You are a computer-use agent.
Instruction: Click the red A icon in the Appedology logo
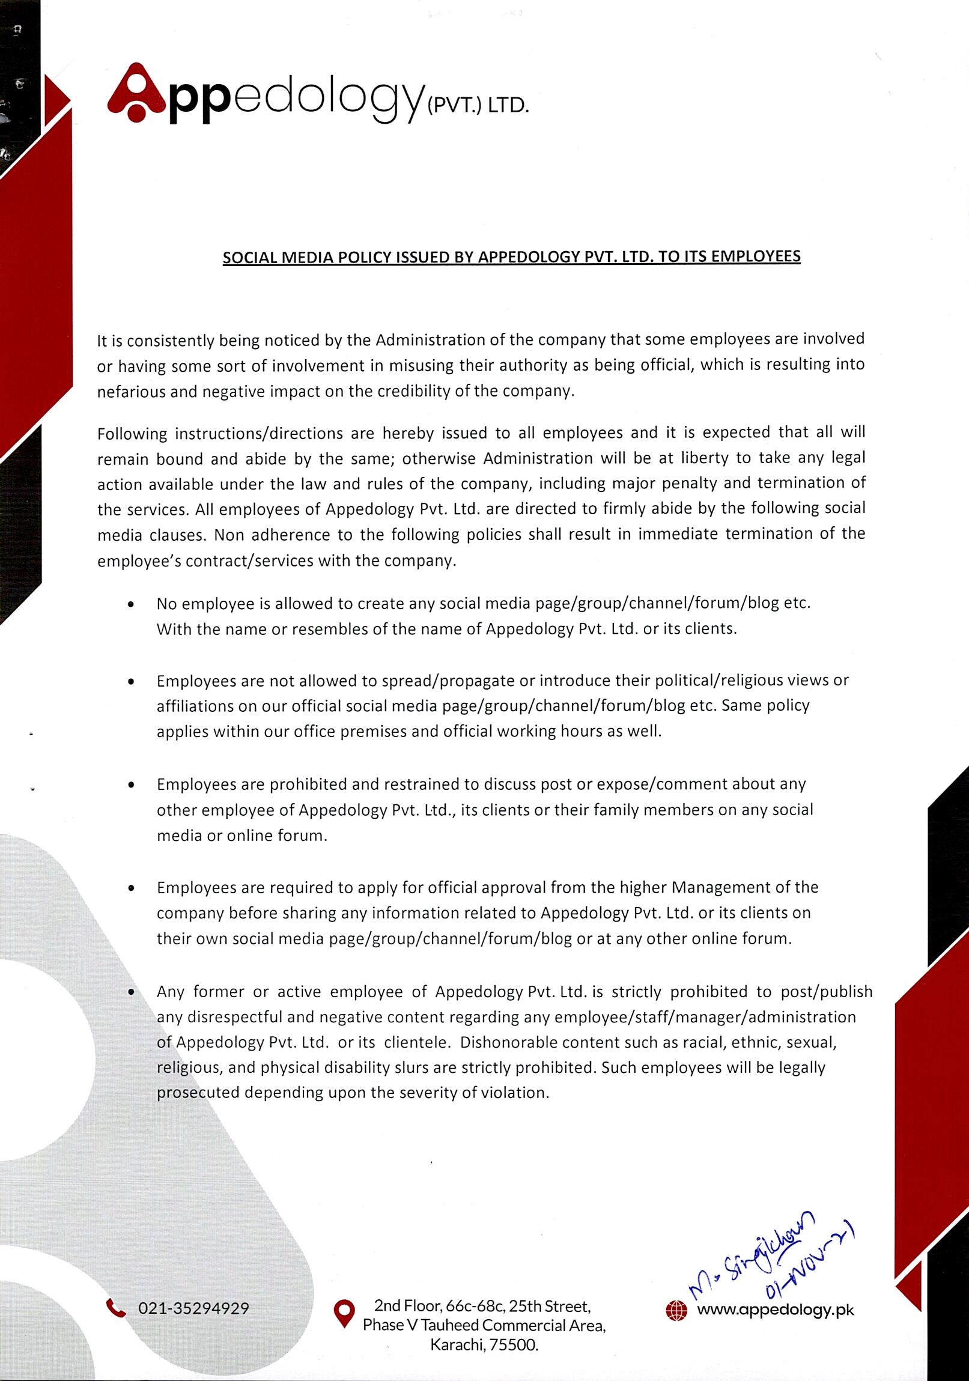(x=136, y=93)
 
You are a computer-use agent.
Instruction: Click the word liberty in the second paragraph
(x=702, y=458)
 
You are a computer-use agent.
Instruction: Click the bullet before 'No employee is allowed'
(x=131, y=604)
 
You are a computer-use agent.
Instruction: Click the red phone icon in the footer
(x=115, y=1308)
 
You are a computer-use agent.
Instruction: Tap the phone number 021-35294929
(x=193, y=1309)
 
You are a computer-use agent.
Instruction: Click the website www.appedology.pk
(x=775, y=1310)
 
